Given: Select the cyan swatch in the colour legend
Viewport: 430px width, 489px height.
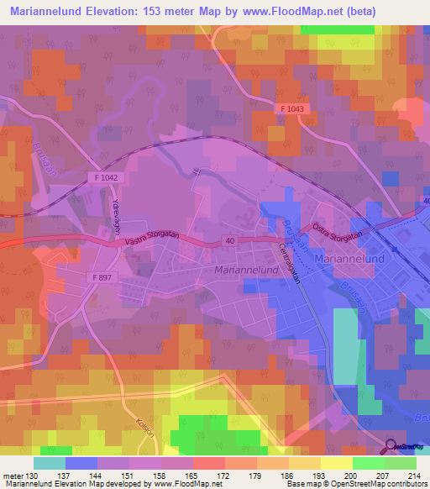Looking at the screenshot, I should tap(50, 463).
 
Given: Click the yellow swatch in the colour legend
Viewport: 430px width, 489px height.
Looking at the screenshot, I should tap(337, 463).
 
